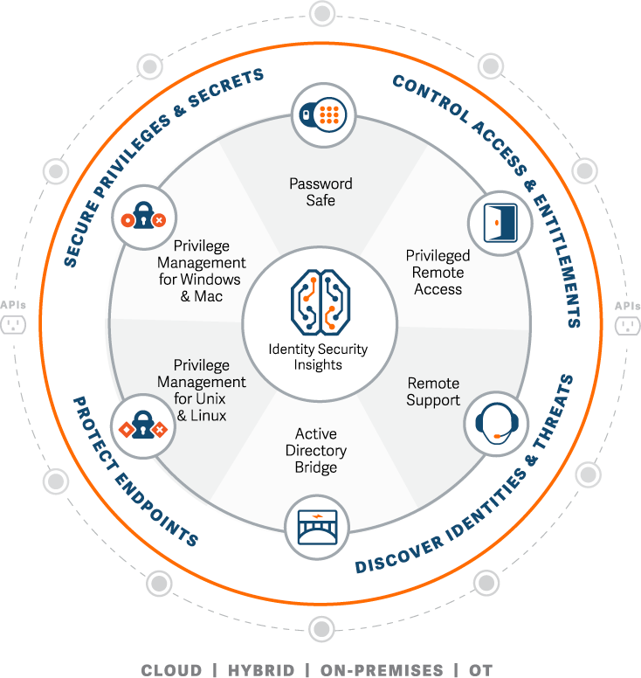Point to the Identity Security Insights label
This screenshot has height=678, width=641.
click(x=318, y=356)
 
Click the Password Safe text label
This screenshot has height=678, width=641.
click(x=320, y=192)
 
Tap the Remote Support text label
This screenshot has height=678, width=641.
click(x=433, y=391)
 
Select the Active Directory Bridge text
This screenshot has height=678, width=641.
click(x=316, y=451)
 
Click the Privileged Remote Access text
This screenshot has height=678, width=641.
click(x=438, y=272)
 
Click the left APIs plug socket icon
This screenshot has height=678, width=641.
click(x=13, y=325)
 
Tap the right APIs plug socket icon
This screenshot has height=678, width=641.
click(x=627, y=325)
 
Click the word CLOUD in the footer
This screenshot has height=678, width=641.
click(x=172, y=670)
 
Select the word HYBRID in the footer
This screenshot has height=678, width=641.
click(x=259, y=670)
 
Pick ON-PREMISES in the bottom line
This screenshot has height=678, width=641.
click(x=382, y=670)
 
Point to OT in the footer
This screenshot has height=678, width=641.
click(x=481, y=670)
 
